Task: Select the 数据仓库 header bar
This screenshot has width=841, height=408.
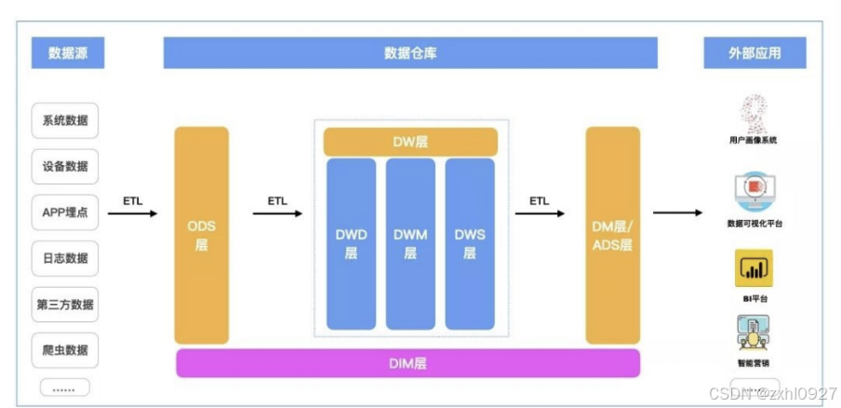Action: [x=410, y=53]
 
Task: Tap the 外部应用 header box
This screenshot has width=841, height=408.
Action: [x=754, y=53]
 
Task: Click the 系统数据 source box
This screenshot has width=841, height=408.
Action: [x=65, y=120]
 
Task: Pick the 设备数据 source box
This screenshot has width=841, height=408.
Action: [x=65, y=166]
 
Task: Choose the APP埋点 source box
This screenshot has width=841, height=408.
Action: [x=65, y=212]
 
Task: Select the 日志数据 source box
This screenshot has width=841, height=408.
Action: [x=65, y=258]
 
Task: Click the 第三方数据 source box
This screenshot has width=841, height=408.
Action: [x=65, y=304]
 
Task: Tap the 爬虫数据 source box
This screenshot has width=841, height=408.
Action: [x=65, y=350]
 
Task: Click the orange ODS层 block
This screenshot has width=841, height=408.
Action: [x=201, y=236]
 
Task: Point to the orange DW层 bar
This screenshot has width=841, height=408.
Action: [x=410, y=142]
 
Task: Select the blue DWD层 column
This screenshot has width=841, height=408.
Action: [x=351, y=244]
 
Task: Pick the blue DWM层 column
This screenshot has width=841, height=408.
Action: [x=410, y=244]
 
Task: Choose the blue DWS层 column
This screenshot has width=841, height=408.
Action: [x=470, y=244]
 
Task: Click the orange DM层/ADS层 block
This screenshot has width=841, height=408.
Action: [x=612, y=236]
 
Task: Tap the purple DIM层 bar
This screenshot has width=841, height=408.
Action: [x=407, y=363]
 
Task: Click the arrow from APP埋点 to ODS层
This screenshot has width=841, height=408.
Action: [x=133, y=213]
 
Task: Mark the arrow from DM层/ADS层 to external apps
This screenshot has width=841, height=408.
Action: [x=676, y=213]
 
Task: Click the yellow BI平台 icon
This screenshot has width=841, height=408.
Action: [x=753, y=268]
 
